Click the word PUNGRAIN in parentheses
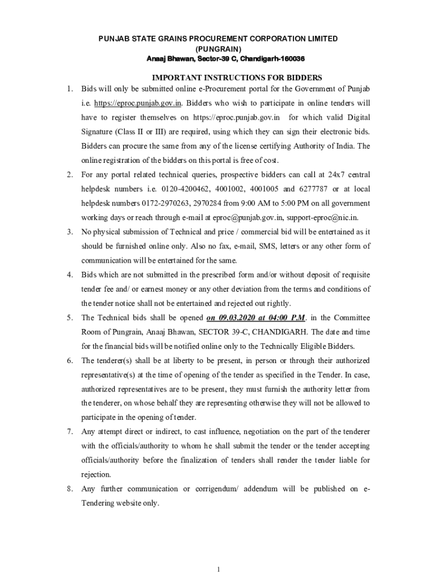(218, 49)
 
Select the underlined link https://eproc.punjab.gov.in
(137, 103)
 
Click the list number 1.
(69, 90)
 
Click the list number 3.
(69, 231)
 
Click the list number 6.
(69, 360)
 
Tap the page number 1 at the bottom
(218, 569)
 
